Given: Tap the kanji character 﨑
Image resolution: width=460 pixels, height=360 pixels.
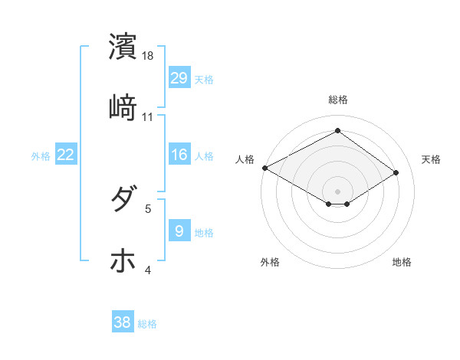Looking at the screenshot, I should [x=123, y=107].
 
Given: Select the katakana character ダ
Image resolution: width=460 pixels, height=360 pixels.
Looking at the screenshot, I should [x=123, y=200].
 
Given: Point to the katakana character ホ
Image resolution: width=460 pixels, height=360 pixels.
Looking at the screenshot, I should [x=123, y=261].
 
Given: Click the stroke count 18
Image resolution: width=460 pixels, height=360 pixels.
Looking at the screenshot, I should [x=149, y=55].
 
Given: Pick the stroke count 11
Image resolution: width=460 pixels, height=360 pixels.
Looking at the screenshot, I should [x=148, y=116].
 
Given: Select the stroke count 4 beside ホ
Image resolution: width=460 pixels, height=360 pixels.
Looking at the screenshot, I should [x=148, y=270].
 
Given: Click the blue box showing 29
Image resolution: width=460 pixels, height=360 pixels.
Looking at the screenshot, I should [x=179, y=78].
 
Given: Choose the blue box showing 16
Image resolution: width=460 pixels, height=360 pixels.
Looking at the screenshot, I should [x=179, y=155].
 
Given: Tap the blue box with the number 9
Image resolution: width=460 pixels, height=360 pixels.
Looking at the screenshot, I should [x=179, y=231].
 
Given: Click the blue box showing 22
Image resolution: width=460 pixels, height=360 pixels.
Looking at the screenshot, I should [x=66, y=155].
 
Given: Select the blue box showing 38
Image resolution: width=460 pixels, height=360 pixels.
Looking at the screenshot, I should [x=123, y=322].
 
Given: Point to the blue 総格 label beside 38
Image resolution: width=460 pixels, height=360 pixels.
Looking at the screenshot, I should [x=147, y=324].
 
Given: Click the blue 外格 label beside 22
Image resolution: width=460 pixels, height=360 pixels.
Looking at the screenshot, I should [x=41, y=156].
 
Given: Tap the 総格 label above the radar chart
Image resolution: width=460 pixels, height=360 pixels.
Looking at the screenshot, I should [x=337, y=100].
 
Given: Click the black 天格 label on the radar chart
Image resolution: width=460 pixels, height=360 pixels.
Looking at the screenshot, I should [x=431, y=159].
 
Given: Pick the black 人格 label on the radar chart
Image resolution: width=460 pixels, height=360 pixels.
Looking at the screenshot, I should [x=245, y=159].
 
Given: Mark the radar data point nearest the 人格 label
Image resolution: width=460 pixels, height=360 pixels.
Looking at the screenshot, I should [x=264, y=168].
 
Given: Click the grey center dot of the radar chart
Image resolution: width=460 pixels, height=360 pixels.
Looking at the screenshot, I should [x=337, y=191].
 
